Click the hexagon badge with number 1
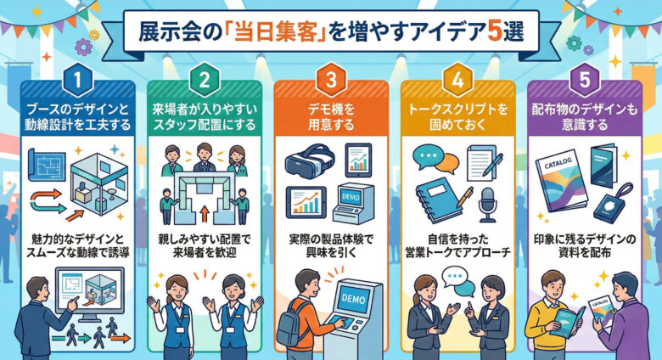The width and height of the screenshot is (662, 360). tap(78, 81)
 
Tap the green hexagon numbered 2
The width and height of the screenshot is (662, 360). tap(205, 81)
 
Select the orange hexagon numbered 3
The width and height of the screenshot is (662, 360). tap(331, 81)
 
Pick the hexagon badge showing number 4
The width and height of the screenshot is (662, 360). tap(457, 81)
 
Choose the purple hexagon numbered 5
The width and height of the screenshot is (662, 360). tap(585, 81)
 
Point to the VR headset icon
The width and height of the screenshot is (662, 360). tap(311, 160)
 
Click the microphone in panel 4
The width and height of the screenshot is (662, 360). tap(488, 205)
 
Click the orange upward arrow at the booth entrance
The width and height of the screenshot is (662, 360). tap(205, 214)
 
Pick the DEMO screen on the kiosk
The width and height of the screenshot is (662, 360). tap(352, 299)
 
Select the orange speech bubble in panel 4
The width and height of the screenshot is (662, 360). tap(448, 164)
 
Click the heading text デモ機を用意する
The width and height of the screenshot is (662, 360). tap(331, 117)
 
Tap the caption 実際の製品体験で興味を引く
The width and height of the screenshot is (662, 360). tap(331, 246)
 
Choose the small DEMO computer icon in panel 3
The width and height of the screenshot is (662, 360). tap(353, 203)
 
